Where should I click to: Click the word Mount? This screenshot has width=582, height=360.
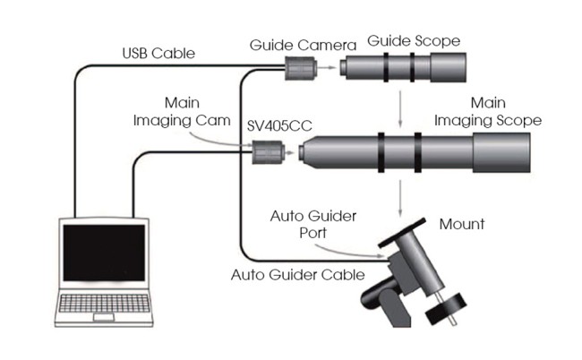point(461,224)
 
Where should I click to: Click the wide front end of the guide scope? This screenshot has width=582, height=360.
point(449,67)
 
